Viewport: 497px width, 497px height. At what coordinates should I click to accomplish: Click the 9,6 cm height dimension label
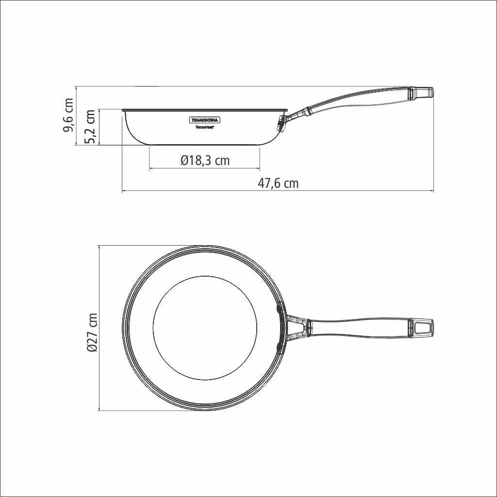pos(68,116)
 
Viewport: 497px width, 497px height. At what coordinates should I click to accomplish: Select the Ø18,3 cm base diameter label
pos(204,160)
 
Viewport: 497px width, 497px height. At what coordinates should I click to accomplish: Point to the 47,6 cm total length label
pos(278,183)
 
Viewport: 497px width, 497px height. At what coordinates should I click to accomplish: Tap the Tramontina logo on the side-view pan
pos(204,119)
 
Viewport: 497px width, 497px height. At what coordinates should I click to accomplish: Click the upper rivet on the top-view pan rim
pos(280,308)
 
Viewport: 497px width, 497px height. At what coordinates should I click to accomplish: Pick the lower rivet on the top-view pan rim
pos(280,346)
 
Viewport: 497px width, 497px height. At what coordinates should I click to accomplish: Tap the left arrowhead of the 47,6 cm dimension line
pos(123,191)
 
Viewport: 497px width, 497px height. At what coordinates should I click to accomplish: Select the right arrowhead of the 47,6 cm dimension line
pos(431,191)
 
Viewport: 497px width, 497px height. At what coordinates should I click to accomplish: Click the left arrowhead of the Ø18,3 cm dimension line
pos(151,168)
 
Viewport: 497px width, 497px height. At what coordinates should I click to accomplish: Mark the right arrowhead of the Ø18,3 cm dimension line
pos(258,168)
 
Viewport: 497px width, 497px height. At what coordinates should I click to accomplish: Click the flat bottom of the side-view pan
pos(204,144)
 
